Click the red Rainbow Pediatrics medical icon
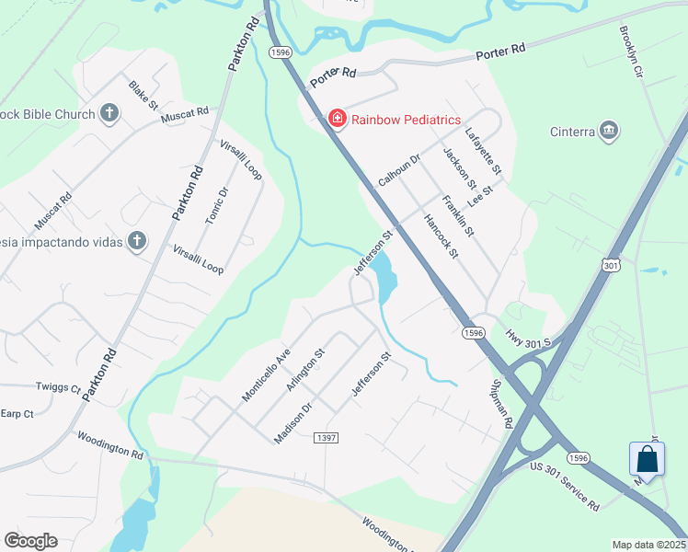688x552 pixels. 338,119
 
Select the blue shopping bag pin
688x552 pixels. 647,460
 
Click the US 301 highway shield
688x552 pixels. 611,265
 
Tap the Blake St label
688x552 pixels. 143,95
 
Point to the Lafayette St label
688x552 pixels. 484,151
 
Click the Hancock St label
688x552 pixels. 440,236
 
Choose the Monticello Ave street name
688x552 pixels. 266,374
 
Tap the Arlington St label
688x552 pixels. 305,369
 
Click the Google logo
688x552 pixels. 30,540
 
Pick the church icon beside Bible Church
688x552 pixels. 109,114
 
